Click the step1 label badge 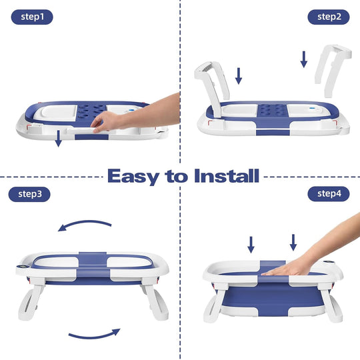click(x=31, y=17)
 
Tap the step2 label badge click(x=329, y=17)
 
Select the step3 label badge click(x=31, y=195)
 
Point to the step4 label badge click(x=329, y=195)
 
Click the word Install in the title click(x=227, y=176)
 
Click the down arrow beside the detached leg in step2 click(x=303, y=59)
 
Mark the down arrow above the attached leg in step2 click(x=239, y=75)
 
